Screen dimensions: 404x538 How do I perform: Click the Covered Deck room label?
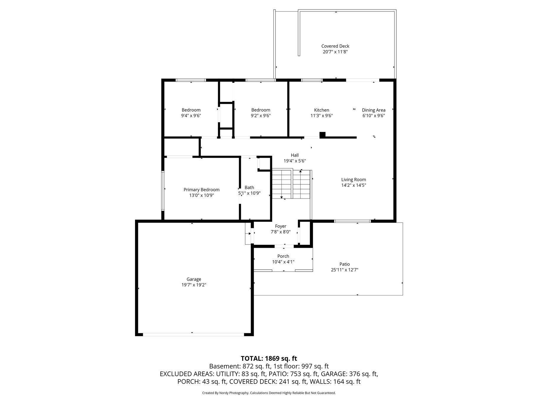coord(335,46)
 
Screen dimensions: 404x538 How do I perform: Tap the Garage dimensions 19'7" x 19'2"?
coord(194,285)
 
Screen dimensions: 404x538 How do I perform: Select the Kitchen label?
coord(321,110)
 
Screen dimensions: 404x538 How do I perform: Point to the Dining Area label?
coord(373,110)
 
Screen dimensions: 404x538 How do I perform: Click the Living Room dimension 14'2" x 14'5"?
coord(354,185)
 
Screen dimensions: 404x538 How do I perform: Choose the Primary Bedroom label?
coord(201,189)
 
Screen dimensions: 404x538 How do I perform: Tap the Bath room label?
coord(249,187)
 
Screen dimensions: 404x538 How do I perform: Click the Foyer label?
coord(281,226)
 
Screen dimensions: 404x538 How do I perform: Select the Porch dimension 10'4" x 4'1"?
coord(283,262)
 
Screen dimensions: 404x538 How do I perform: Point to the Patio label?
coord(344,264)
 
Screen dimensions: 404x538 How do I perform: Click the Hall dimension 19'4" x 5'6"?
coord(294,161)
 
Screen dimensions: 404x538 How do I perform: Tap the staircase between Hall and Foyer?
coord(291,184)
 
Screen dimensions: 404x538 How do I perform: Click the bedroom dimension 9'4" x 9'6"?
coord(191,115)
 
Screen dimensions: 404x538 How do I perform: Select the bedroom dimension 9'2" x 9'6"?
coord(260,115)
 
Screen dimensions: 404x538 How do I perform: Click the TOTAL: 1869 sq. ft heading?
coord(269,358)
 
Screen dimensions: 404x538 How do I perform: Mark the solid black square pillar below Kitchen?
coord(323,135)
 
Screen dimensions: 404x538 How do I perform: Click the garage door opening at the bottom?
coord(193,334)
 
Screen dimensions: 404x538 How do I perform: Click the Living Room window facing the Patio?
coord(352,221)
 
